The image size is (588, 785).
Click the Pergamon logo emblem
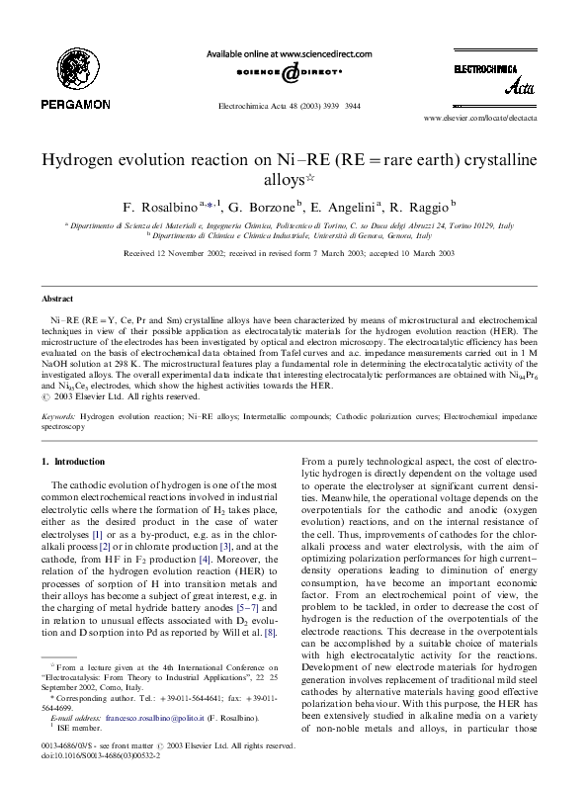[61, 62]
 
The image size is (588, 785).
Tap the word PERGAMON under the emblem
[61, 101]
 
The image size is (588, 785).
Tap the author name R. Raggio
[422, 208]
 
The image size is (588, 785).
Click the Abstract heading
[56, 298]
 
